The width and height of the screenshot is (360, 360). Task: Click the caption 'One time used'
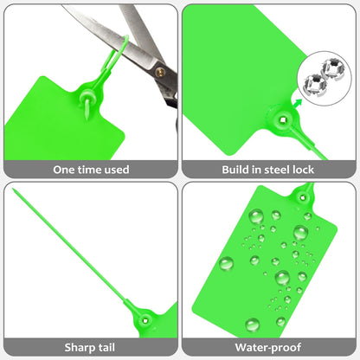(91, 170)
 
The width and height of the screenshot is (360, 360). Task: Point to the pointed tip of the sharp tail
(16, 192)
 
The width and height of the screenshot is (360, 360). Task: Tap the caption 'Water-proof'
(269, 348)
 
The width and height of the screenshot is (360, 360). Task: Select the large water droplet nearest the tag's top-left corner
(256, 215)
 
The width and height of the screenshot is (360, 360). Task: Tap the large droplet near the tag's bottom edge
(252, 325)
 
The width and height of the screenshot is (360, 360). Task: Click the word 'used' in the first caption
(115, 170)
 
